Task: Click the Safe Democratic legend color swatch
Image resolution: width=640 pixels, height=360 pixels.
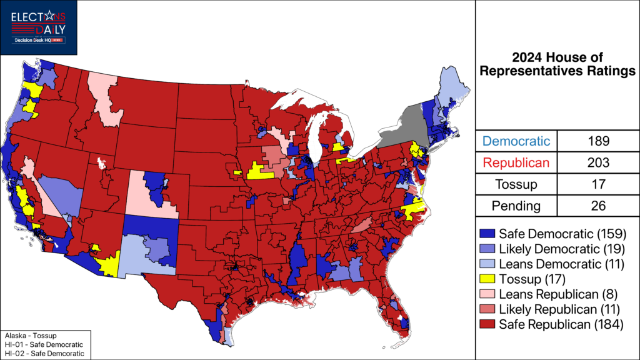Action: (488, 234)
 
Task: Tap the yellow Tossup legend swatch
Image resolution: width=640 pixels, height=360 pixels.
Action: (488, 279)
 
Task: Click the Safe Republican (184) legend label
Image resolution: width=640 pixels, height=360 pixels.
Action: (561, 324)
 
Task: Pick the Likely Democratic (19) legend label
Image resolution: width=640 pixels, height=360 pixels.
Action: (561, 249)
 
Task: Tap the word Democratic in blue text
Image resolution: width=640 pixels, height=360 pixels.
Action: (517, 141)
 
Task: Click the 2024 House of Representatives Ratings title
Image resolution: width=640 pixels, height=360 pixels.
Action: (558, 65)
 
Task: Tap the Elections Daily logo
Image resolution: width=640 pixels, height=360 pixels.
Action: (39, 27)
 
